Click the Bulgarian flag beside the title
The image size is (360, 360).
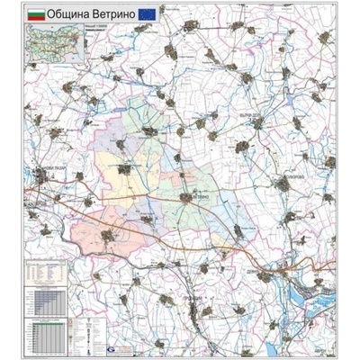[x=38, y=16]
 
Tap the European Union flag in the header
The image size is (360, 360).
[x=143, y=16]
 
